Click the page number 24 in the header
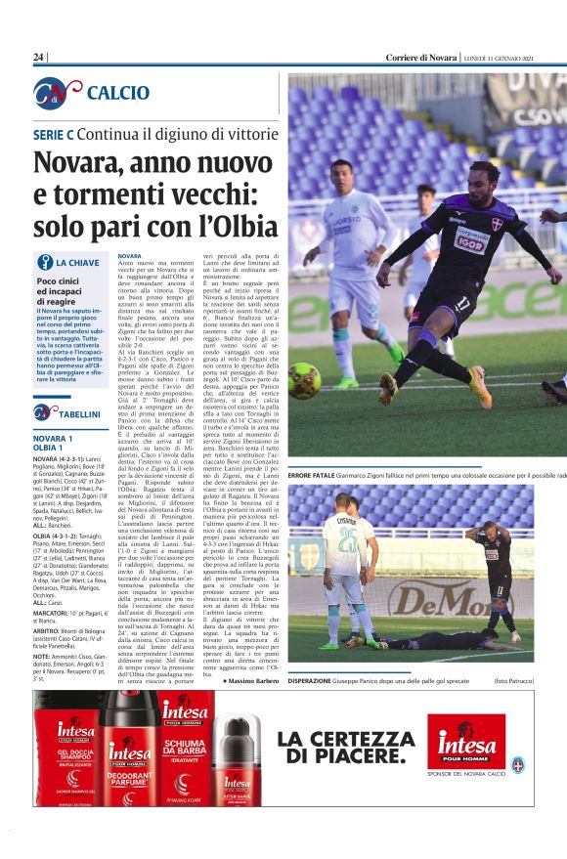[39, 58]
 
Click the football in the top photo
[304, 380]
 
